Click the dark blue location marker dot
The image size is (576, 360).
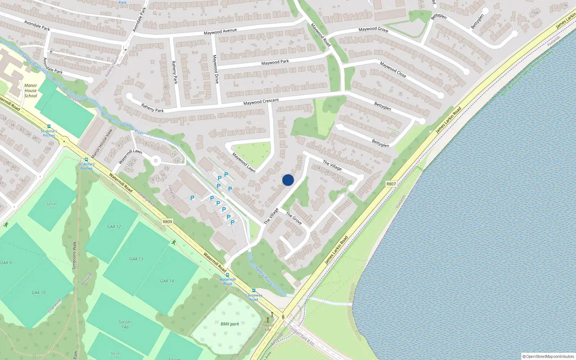tap(288, 180)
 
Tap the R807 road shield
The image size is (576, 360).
tap(391, 184)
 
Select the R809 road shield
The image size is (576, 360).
tap(167, 222)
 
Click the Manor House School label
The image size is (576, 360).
tap(31, 91)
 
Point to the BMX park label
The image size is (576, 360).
tap(230, 324)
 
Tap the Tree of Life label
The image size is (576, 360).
tap(268, 327)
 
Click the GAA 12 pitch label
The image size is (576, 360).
tap(114, 227)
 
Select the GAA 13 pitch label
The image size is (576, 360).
tap(136, 259)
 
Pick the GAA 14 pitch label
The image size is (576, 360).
tap(167, 281)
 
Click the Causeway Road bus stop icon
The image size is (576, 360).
tap(254, 291)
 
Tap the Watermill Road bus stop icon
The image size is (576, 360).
tap(227, 275)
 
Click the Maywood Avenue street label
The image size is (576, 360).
tap(220, 32)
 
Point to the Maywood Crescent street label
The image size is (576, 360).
tap(261, 102)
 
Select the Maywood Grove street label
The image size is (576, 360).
tap(373, 29)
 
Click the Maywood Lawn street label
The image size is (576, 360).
tap(244, 162)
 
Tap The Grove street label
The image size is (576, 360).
tap(294, 218)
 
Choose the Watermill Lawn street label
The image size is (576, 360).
tap(130, 156)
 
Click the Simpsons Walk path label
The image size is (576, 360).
tap(74, 255)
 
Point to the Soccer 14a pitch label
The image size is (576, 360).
tap(125, 324)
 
